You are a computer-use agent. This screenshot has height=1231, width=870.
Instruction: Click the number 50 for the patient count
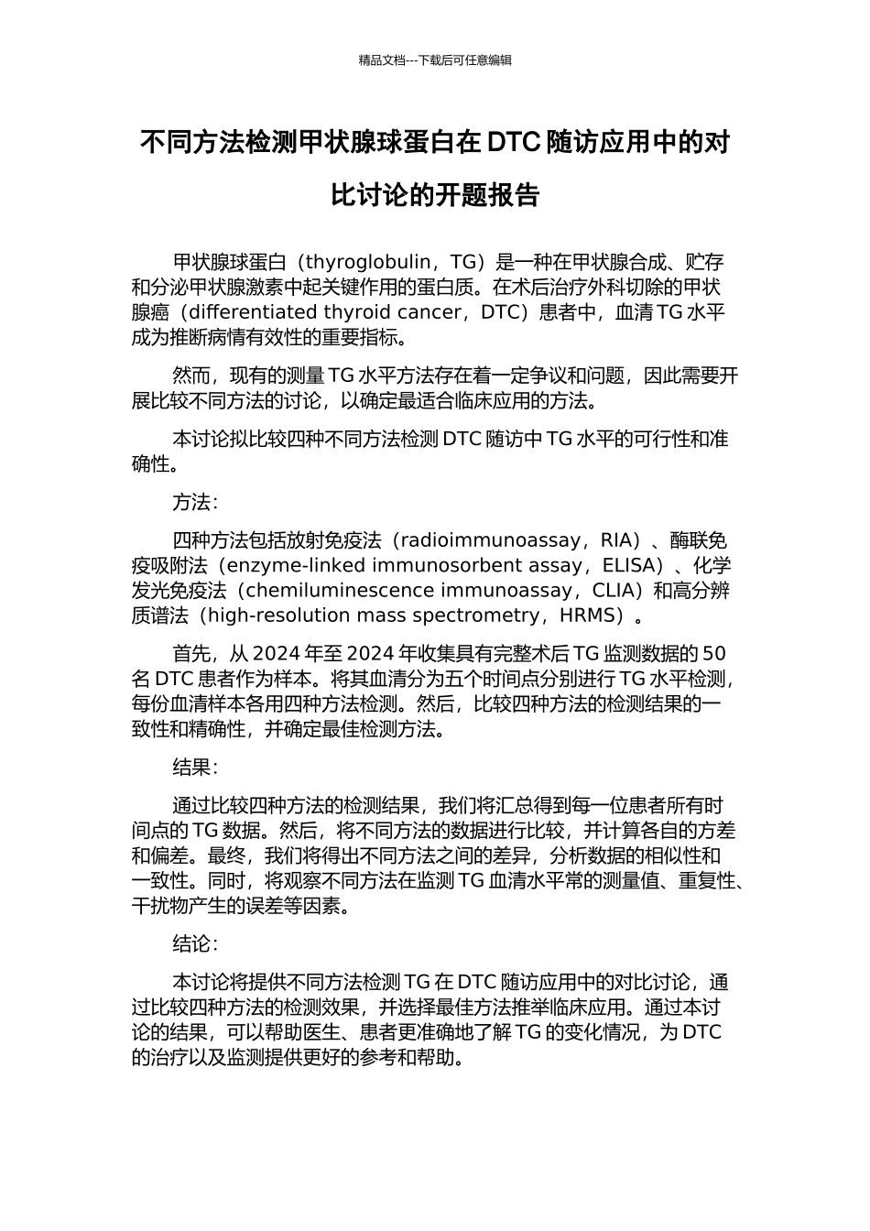715,654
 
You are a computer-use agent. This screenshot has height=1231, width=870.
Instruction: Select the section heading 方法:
195,503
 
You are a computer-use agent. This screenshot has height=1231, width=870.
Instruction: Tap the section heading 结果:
195,768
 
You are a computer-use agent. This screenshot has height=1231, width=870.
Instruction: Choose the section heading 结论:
195,944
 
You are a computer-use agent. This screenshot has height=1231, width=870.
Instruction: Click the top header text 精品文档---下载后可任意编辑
435,60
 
